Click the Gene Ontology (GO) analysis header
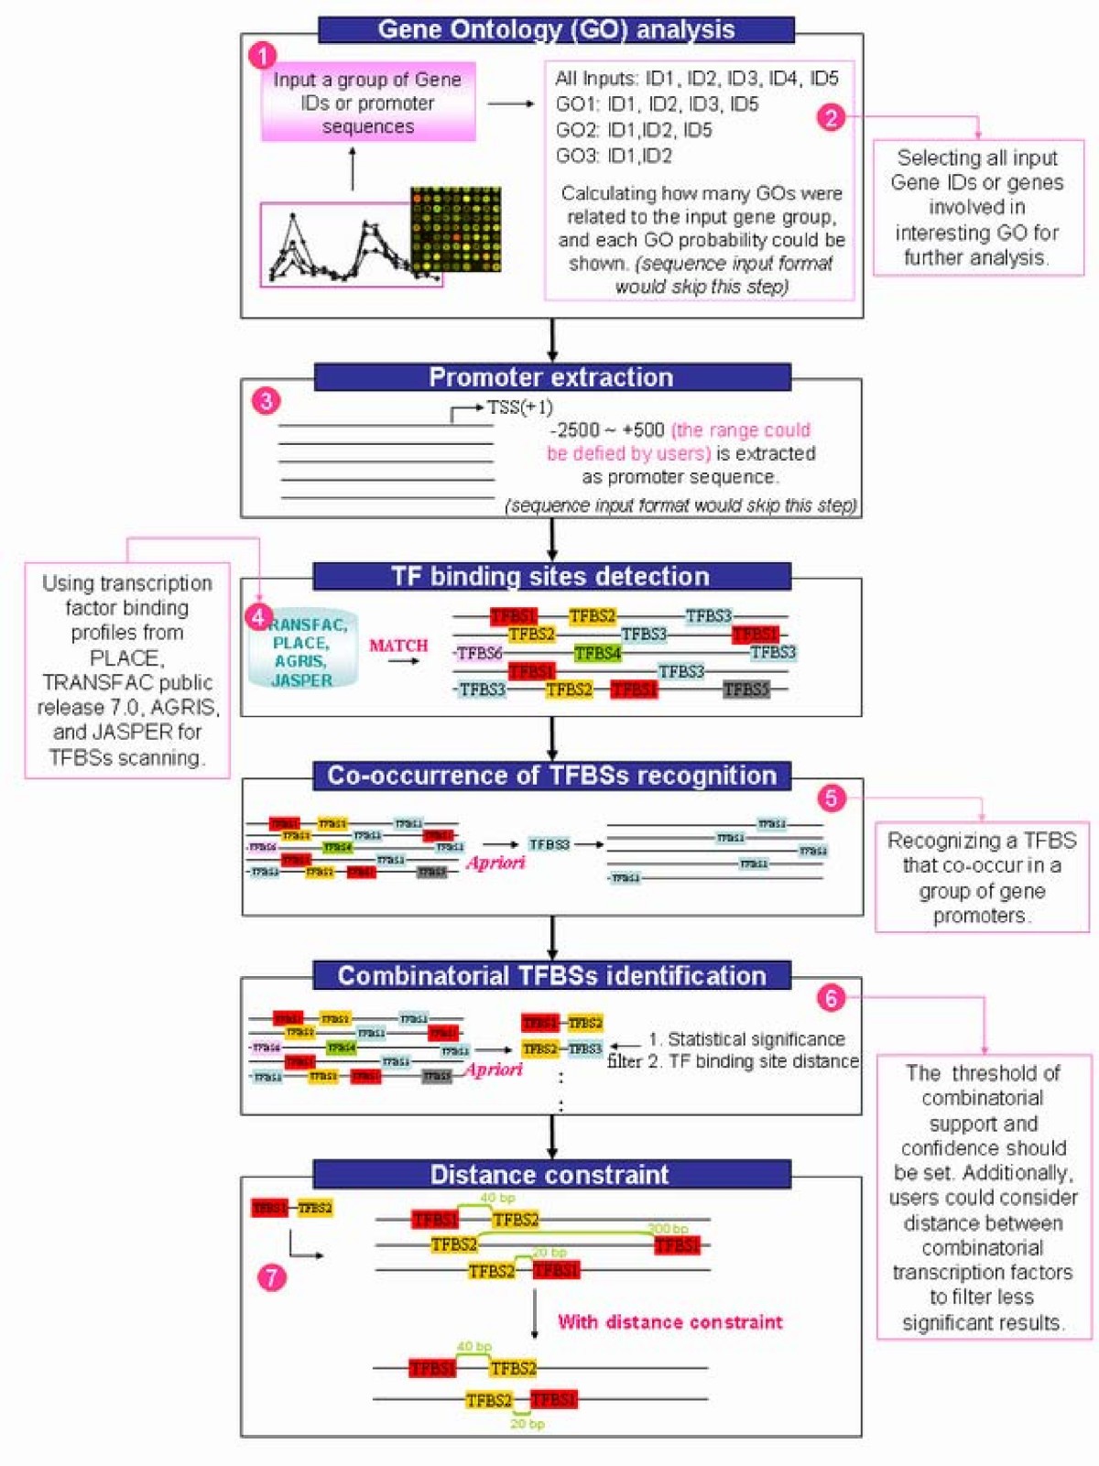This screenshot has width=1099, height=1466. (556, 29)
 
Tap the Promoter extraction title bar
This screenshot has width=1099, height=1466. (551, 377)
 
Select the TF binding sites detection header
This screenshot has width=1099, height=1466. (551, 576)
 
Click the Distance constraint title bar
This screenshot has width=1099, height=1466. (551, 1174)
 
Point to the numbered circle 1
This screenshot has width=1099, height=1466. (263, 56)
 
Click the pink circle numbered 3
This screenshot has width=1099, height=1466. (266, 400)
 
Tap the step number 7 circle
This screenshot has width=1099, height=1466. (271, 1276)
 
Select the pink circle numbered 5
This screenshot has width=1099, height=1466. (831, 798)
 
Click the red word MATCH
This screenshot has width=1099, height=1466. (398, 646)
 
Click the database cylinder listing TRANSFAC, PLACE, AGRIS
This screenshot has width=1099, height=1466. (303, 652)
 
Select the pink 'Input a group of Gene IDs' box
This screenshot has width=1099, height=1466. (368, 103)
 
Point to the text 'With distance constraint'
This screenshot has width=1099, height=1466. (670, 1321)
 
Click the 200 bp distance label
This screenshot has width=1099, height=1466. (668, 1229)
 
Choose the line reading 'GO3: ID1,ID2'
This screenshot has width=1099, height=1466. (614, 156)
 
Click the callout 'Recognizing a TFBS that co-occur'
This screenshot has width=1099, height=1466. (982, 877)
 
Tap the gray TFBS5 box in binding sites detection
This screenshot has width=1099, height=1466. (745, 690)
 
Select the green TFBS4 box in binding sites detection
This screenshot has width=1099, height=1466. (597, 653)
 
